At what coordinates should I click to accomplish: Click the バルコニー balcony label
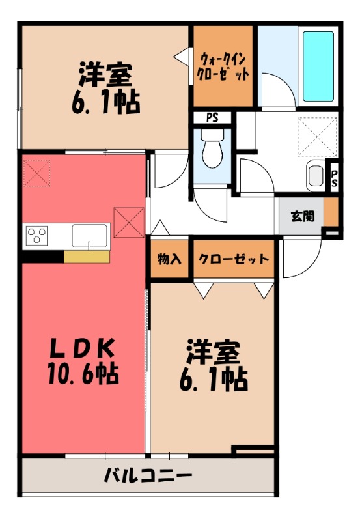[x=148, y=475]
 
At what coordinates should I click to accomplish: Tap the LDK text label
[x=83, y=348]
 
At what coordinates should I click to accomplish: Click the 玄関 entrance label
[x=302, y=216]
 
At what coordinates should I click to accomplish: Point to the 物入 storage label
[x=170, y=259]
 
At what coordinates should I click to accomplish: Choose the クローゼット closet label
[x=234, y=259]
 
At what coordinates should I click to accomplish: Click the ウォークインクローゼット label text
[x=223, y=65]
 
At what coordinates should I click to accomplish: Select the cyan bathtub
[x=318, y=65]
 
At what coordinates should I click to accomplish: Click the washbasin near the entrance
[x=315, y=176]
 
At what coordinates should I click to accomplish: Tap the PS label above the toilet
[x=212, y=118]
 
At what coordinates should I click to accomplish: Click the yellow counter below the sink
[x=86, y=256]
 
